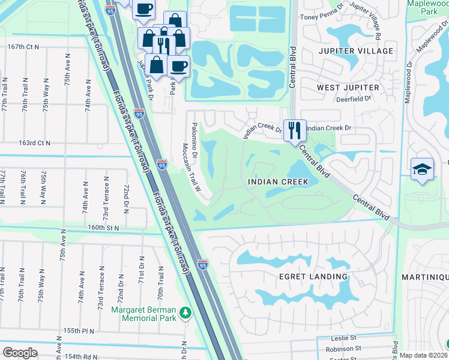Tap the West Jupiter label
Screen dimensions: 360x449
[x=348, y=88]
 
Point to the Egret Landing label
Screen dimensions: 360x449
[x=313, y=277]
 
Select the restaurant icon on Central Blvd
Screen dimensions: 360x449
[x=294, y=130]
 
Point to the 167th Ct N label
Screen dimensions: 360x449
[x=23, y=46]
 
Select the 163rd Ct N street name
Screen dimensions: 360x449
[x=35, y=143]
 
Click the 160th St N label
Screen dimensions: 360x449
[x=103, y=228]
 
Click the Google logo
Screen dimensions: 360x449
[x=20, y=353]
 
